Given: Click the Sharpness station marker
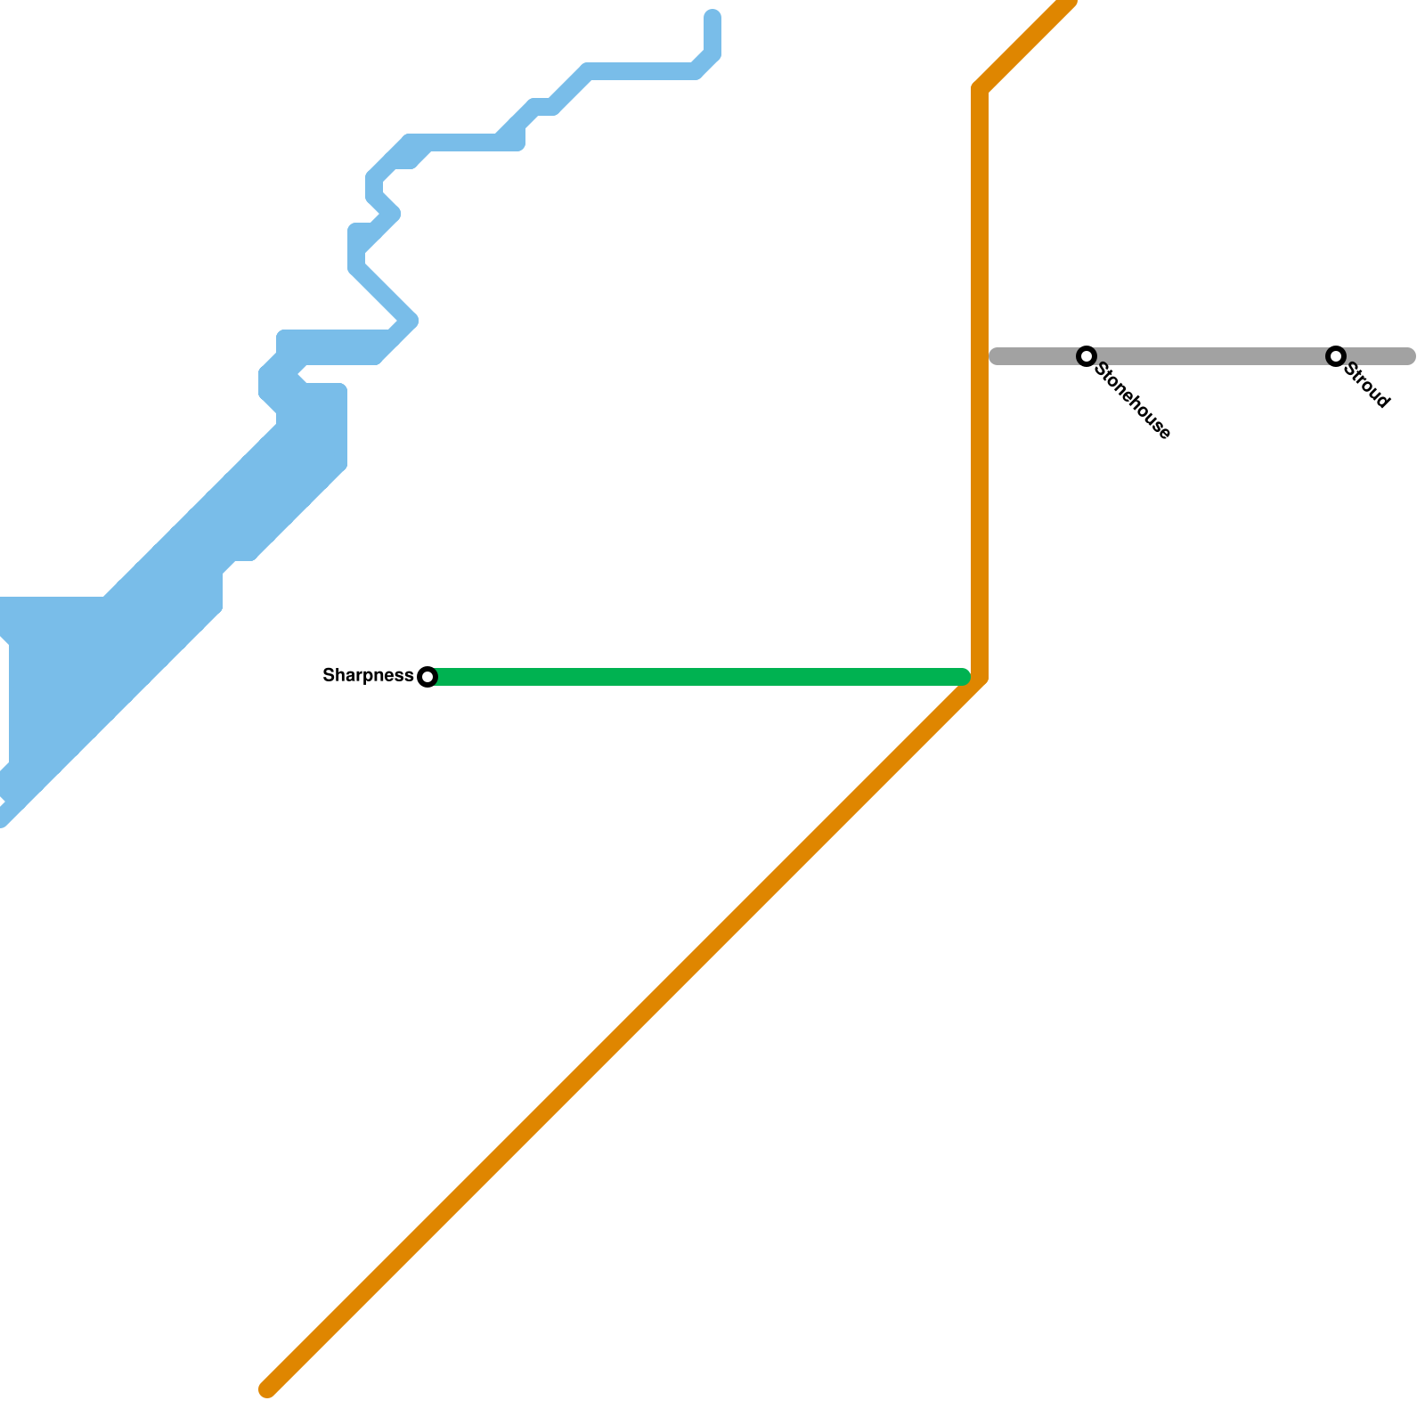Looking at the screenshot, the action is click(x=427, y=677).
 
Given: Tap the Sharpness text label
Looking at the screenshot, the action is click(x=368, y=676).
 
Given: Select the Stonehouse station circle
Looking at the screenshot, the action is click(x=1087, y=356).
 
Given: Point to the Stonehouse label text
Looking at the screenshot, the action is click(x=1133, y=401).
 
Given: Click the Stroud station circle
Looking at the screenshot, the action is click(x=1336, y=356).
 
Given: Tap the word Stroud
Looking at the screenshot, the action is click(x=1367, y=386).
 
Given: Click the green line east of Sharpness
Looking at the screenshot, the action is click(x=699, y=677).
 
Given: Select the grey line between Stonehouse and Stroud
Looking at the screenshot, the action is click(x=1211, y=356).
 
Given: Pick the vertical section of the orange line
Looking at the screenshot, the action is click(x=980, y=383).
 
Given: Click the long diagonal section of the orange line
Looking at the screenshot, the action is click(x=623, y=1033).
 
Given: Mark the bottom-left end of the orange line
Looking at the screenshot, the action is click(x=267, y=1389).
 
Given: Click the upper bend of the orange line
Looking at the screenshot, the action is click(x=980, y=89).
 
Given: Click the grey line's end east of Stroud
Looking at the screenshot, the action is click(x=1407, y=356).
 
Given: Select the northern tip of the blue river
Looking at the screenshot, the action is click(x=712, y=18).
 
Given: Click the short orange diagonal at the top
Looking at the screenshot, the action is click(x=1024, y=45).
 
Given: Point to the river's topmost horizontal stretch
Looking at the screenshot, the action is click(x=641, y=71).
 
